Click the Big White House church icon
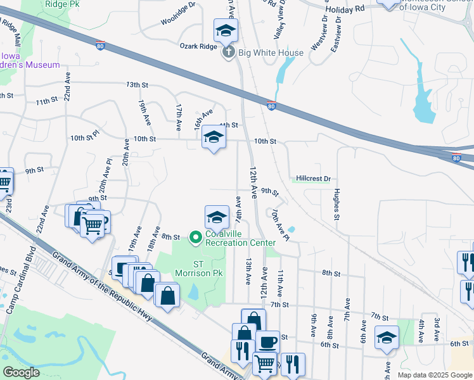[x=229, y=53]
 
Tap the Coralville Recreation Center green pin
[x=196, y=237]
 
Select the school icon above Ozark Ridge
[x=226, y=30]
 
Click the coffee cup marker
[x=267, y=342]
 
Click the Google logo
[x=22, y=372]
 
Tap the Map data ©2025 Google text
[x=435, y=375]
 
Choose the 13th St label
[x=137, y=84]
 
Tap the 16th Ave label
[x=203, y=118]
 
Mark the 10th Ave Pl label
[x=280, y=226]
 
